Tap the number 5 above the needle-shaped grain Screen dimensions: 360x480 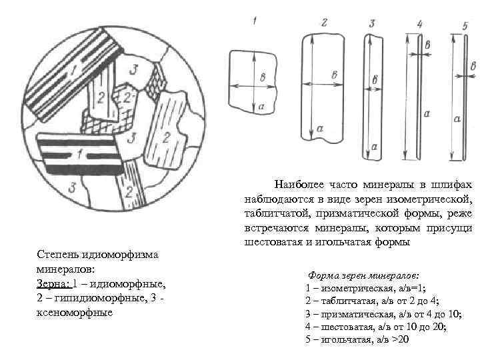[x=464, y=25]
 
